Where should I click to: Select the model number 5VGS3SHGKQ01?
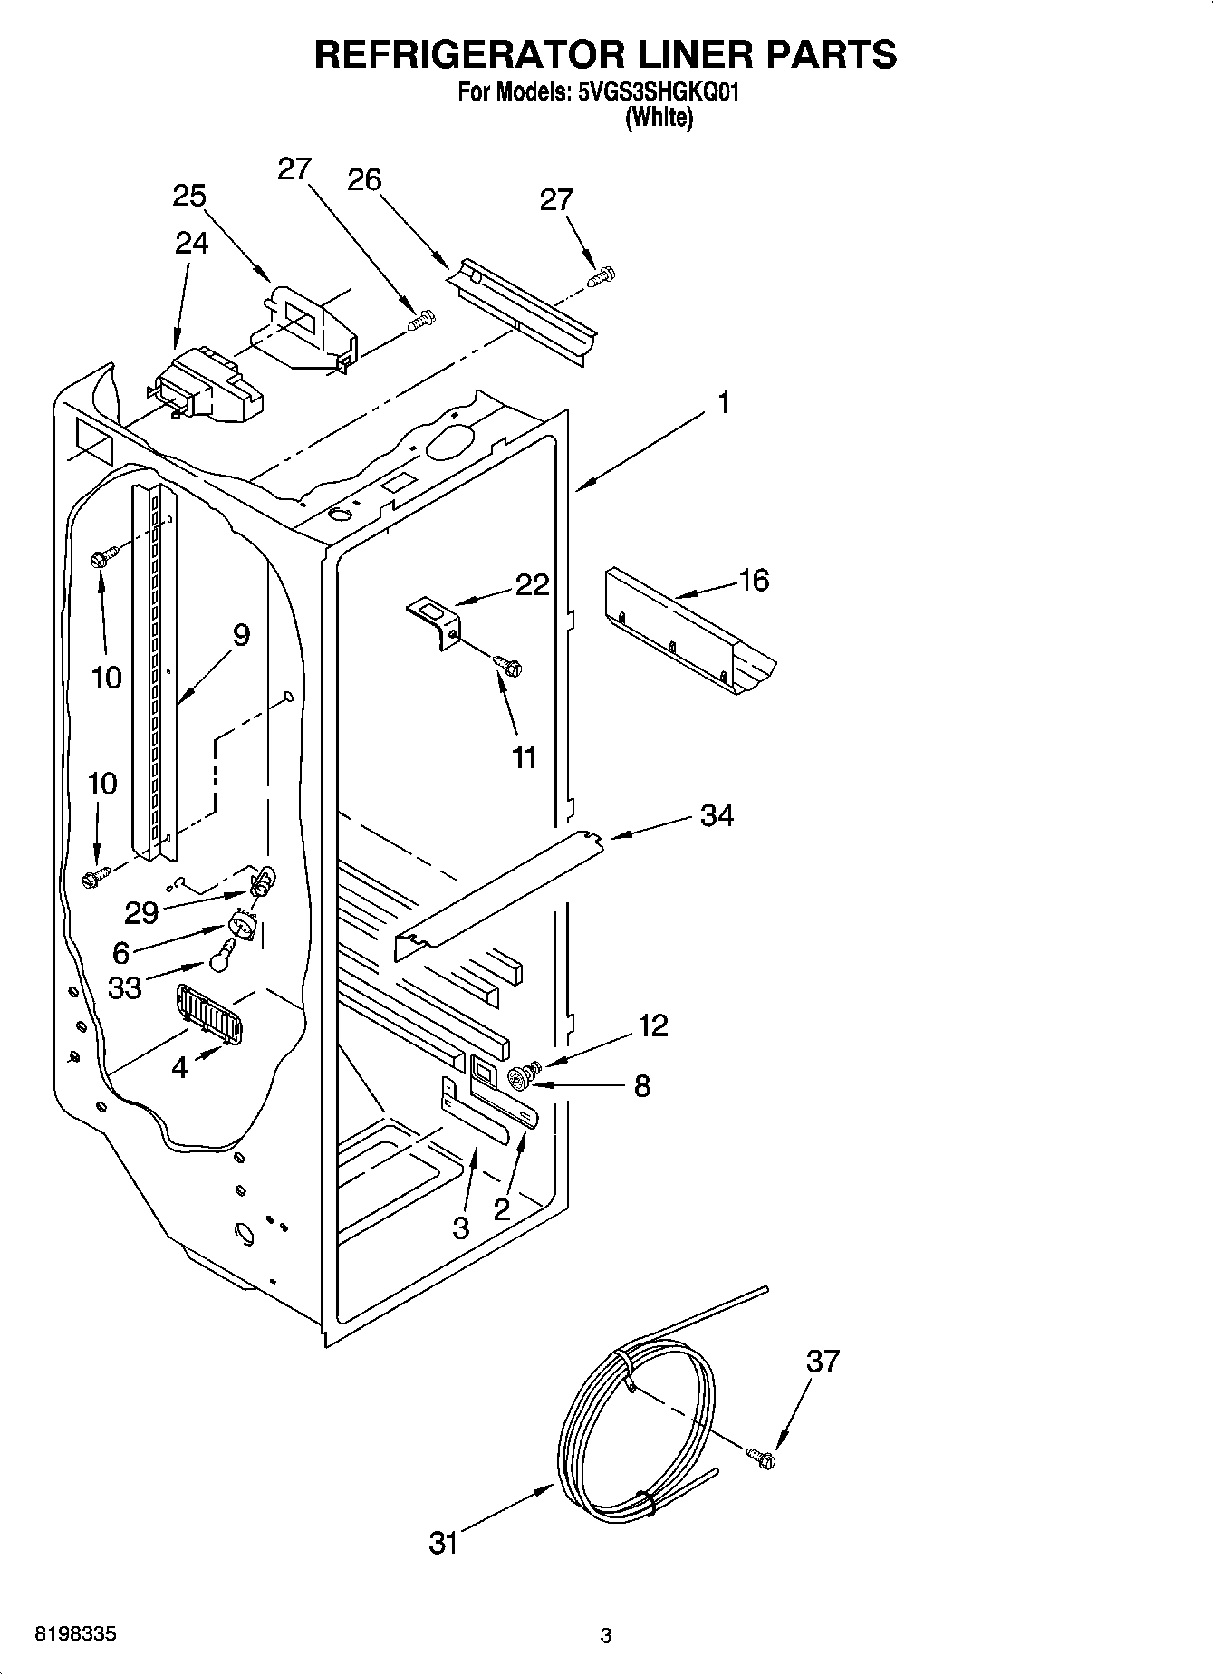tap(659, 92)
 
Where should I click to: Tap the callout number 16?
tap(753, 580)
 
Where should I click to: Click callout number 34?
tap(717, 815)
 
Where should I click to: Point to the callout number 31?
tap(444, 1543)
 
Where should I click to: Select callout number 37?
tap(823, 1362)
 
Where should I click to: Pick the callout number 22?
tap(532, 585)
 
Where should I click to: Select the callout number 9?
tap(241, 635)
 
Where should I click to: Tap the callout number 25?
tap(189, 196)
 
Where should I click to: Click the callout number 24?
tap(191, 243)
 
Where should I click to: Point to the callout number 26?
tap(364, 179)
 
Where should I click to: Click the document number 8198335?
tap(74, 1635)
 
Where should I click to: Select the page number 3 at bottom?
tap(606, 1636)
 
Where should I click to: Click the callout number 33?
tap(125, 987)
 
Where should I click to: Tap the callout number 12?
tap(653, 1025)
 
